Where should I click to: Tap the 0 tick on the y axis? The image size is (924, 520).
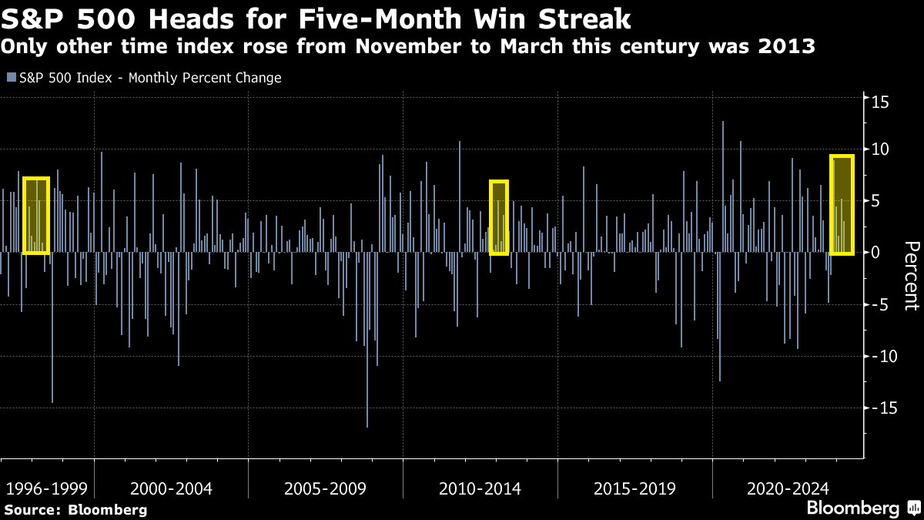[x=872, y=253]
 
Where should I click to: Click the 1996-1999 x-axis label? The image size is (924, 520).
[x=45, y=488]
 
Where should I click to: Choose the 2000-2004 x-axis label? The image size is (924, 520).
[x=171, y=488]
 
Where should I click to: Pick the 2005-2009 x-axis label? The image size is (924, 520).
[x=325, y=488]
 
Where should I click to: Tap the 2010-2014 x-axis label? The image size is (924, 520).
[x=480, y=488]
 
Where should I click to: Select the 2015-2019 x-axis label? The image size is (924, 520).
[x=634, y=488]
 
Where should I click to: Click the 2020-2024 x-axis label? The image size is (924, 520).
[x=788, y=488]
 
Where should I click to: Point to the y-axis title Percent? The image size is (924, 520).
[x=911, y=275]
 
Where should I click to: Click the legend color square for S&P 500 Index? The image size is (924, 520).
[x=11, y=78]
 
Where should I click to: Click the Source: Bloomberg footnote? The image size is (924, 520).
[x=75, y=509]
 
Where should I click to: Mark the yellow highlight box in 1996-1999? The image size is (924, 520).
[x=36, y=216]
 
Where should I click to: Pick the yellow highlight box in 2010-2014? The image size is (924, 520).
[x=499, y=217]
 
